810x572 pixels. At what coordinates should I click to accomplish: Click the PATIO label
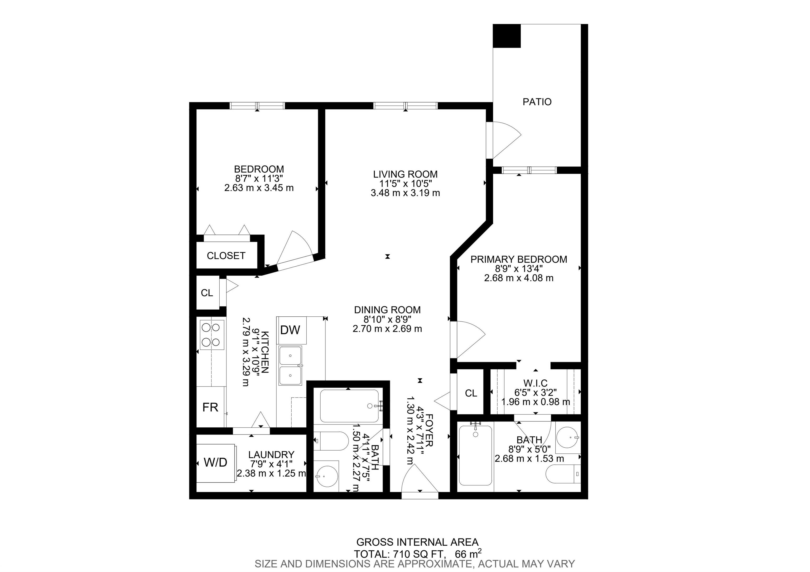537,102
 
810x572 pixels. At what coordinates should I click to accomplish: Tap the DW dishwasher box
291,330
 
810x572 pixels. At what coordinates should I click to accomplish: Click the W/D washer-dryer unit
216,463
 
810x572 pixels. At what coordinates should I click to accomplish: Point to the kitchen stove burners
212,334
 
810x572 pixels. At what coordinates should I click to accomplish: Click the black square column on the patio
507,36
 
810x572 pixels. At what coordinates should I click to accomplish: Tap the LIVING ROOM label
405,174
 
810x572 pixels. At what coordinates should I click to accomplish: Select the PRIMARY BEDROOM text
519,260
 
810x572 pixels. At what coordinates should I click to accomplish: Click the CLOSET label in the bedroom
226,256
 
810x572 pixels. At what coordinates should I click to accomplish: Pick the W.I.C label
536,383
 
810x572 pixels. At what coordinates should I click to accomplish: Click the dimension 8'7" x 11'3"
259,178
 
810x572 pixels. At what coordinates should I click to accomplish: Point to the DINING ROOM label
387,310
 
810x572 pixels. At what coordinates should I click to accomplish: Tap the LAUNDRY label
271,455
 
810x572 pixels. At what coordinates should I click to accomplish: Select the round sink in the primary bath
568,437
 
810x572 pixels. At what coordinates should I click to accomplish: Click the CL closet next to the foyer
471,393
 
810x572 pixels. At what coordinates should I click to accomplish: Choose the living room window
406,105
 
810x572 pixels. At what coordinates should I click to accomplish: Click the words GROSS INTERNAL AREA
417,542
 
